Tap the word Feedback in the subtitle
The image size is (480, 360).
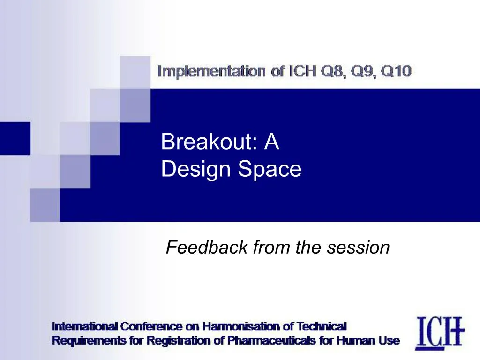tap(207, 247)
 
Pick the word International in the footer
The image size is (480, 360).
tap(84, 326)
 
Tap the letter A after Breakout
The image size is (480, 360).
tap(271, 142)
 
